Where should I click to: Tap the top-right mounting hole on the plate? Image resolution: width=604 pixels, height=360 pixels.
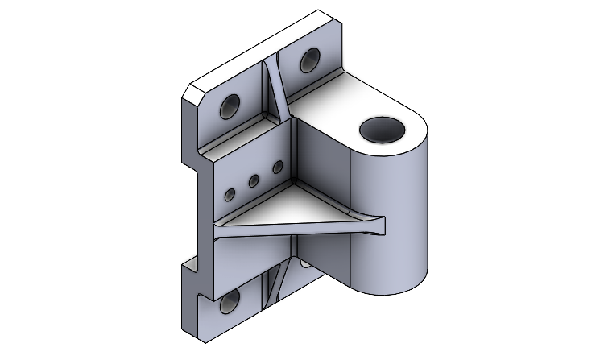[309, 60]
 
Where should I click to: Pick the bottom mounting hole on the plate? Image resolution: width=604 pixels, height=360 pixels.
[231, 303]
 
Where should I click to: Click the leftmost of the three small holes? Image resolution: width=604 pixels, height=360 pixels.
[230, 194]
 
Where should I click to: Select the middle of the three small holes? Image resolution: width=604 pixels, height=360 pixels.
[253, 181]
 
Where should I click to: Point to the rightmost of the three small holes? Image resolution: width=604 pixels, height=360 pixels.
[278, 168]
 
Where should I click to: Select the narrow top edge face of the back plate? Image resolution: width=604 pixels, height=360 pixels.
[266, 44]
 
